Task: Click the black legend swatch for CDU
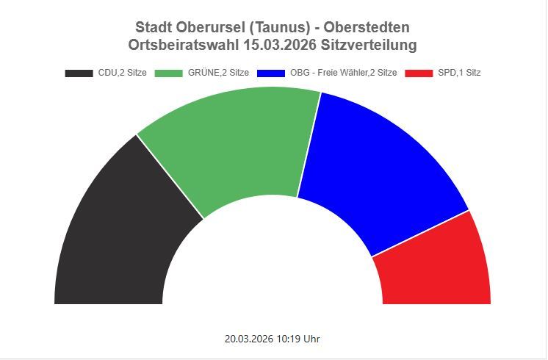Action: coord(79,73)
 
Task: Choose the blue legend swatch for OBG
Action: coord(271,73)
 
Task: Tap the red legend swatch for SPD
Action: coord(419,73)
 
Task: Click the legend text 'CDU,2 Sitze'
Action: coord(123,73)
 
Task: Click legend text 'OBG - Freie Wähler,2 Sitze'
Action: coord(344,73)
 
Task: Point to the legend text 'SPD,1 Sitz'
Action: coord(459,73)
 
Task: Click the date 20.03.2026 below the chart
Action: coord(249,339)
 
